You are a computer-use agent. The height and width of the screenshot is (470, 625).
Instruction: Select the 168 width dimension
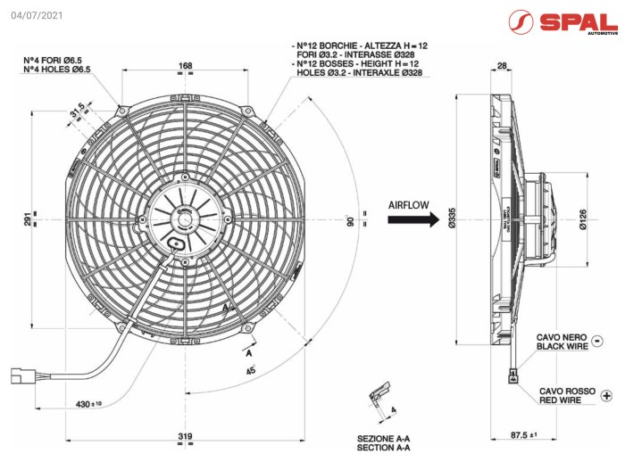[x=186, y=66]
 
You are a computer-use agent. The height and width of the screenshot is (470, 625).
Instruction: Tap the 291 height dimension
[x=29, y=220]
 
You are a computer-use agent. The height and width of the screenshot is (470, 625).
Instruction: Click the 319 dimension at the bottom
[x=186, y=437]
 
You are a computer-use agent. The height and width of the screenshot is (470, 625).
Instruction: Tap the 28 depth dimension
[x=502, y=66]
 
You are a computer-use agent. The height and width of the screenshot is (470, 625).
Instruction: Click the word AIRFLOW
[x=408, y=204]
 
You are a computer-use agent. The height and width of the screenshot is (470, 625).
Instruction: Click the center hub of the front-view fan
[x=186, y=214]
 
